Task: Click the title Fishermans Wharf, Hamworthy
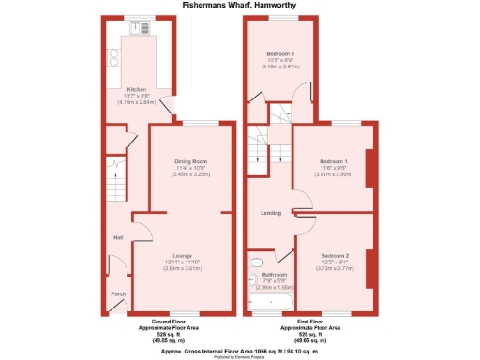239,5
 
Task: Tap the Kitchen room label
135,90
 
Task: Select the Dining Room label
189,160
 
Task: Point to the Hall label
119,236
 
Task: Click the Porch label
119,294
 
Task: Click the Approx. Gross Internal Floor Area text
239,346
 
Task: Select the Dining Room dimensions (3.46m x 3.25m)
189,174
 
